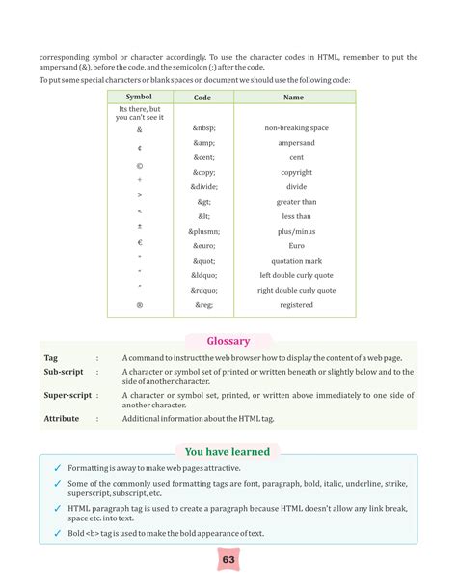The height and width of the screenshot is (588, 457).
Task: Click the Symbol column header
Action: [x=140, y=98]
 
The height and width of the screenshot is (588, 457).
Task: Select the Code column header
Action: [x=202, y=98]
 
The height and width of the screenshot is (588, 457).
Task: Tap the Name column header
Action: [x=293, y=98]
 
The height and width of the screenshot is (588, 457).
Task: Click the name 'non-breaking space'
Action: [x=296, y=128]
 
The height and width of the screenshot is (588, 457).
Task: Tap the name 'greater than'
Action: [x=296, y=202]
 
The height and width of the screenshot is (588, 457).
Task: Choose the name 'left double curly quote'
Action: [x=296, y=276]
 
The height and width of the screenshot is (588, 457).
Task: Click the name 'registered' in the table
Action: [x=296, y=305]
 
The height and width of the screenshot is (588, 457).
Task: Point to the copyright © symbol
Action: [x=140, y=165]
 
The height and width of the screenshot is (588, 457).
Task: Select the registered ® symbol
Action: [x=140, y=305]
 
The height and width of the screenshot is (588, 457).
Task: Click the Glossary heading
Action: [x=228, y=341]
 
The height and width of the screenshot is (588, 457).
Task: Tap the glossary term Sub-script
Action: [x=64, y=372]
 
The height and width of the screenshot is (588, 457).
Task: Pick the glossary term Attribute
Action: [x=63, y=419]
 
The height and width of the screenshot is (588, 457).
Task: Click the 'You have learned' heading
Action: [x=228, y=452]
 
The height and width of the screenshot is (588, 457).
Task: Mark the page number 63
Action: [x=228, y=560]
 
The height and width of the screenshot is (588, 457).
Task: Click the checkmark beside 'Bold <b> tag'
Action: [x=57, y=533]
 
